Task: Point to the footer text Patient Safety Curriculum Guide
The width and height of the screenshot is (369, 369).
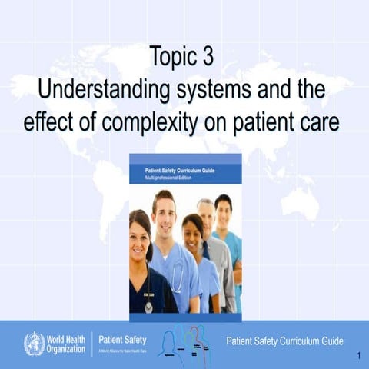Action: pos(284,341)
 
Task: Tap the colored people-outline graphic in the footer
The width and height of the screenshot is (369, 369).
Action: pos(184,341)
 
